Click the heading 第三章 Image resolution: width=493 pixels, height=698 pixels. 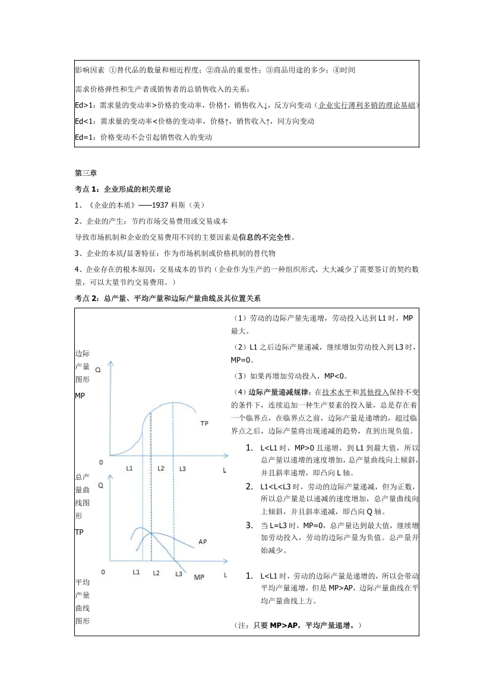point(86,173)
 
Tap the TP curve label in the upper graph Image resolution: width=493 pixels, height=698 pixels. point(204,423)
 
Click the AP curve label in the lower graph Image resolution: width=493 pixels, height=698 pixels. point(202,542)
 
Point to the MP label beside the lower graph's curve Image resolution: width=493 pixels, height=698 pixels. point(199,577)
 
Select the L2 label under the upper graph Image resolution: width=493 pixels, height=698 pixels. point(160,469)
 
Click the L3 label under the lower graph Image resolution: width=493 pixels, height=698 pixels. point(178,574)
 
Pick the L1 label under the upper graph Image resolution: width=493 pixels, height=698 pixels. point(129,469)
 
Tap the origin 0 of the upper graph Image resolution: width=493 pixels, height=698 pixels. point(102,462)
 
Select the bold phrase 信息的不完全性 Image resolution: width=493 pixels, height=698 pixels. point(266,237)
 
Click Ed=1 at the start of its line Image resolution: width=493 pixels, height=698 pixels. point(85,137)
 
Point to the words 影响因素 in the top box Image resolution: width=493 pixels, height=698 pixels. point(90,70)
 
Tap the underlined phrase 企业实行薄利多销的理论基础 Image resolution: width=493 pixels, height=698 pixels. point(368,105)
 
